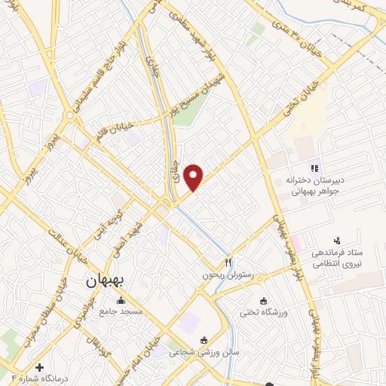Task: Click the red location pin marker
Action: pyautogui.click(x=195, y=177)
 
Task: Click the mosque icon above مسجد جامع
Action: pyautogui.click(x=121, y=301)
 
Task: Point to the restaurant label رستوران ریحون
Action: pyautogui.click(x=218, y=274)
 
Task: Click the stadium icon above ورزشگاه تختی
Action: pyautogui.click(x=262, y=301)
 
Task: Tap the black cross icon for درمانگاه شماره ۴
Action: pyautogui.click(x=40, y=367)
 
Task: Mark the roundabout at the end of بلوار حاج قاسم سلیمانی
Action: pyautogui.click(x=72, y=116)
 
